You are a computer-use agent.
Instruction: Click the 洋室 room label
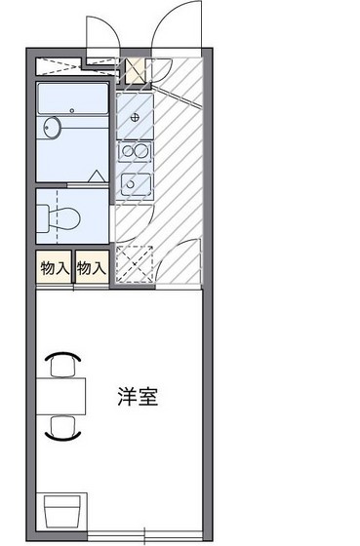138,397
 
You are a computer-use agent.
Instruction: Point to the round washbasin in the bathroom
53,128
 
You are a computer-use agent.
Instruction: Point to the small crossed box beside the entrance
134,70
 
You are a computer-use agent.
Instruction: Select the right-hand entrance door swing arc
175,24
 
